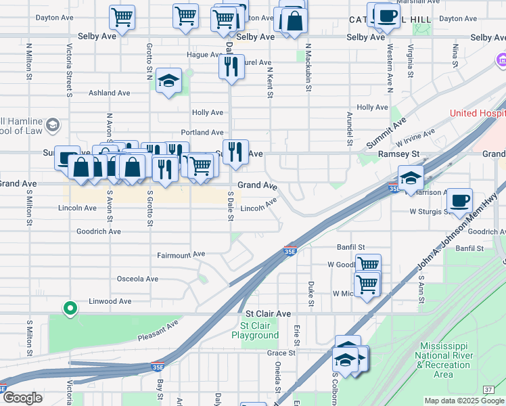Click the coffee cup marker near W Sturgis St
(x=459, y=200)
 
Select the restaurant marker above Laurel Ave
(x=231, y=66)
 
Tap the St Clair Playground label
(x=255, y=330)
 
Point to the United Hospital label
(x=478, y=113)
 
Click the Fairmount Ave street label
(x=181, y=254)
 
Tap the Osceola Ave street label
(x=137, y=279)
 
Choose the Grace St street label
(x=281, y=353)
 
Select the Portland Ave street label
(x=202, y=133)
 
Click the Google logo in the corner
(x=22, y=398)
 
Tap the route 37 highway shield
(x=488, y=389)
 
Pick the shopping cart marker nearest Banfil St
(x=367, y=265)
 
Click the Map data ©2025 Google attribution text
(x=463, y=401)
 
